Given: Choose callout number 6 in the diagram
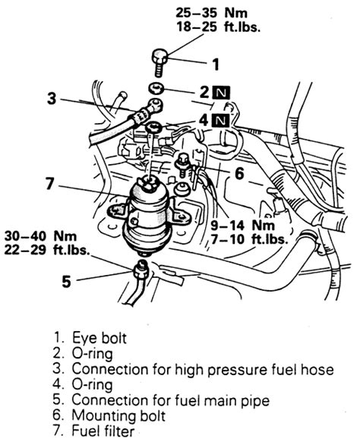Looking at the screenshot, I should tap(238, 174).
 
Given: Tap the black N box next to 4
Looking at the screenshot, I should tap(219, 120).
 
